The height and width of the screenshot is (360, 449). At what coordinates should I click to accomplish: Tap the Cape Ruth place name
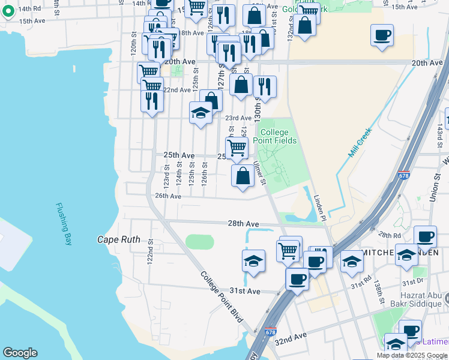point(119,239)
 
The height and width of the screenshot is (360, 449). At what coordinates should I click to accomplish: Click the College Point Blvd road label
point(221,297)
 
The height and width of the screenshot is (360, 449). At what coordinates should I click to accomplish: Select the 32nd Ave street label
point(291,340)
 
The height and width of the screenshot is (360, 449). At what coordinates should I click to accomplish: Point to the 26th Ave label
point(168,196)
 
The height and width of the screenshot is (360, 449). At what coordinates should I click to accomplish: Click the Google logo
point(20,353)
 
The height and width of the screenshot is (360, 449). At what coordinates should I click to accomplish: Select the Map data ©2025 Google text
point(412,355)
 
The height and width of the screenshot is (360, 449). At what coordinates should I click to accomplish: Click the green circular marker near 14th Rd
point(8,13)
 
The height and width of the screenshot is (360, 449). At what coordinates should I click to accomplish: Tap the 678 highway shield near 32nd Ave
point(270,332)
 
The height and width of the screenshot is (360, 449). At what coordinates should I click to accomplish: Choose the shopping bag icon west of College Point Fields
point(243,176)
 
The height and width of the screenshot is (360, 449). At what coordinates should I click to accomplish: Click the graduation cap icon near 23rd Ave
point(200,112)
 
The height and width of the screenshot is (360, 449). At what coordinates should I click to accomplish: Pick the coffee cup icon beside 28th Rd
point(426,237)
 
